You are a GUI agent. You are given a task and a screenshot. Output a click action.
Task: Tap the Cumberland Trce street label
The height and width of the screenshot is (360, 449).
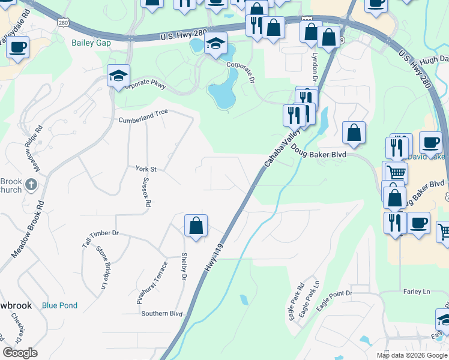(x=143, y=112)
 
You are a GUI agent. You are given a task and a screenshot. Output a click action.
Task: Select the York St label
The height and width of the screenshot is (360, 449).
(x=146, y=169)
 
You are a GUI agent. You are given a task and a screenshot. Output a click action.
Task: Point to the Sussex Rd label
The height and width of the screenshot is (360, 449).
(x=146, y=195)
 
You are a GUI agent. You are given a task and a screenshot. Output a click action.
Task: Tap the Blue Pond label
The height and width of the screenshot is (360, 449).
(x=59, y=305)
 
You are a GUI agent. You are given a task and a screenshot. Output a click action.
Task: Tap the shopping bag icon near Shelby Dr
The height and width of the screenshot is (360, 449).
(x=196, y=226)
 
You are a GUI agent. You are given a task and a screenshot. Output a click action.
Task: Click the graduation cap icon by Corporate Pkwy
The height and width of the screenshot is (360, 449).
(x=119, y=76)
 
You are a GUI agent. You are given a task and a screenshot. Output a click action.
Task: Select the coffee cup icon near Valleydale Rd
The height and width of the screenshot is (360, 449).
(x=18, y=46)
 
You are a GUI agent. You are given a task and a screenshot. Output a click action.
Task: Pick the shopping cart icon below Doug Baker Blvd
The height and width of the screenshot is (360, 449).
(x=395, y=172)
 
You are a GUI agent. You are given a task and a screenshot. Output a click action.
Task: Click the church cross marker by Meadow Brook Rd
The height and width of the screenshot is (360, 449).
(x=32, y=187)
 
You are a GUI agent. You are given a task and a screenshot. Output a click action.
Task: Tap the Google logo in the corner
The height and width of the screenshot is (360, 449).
(x=20, y=353)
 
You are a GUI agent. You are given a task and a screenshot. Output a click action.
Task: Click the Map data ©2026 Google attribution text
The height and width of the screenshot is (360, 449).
(x=411, y=355)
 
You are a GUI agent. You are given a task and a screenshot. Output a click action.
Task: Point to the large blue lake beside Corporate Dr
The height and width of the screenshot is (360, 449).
(x=223, y=90)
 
